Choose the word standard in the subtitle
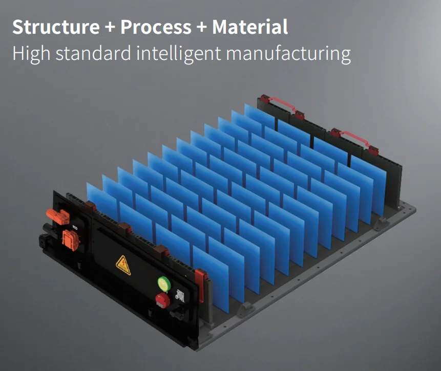pos(94,53)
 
